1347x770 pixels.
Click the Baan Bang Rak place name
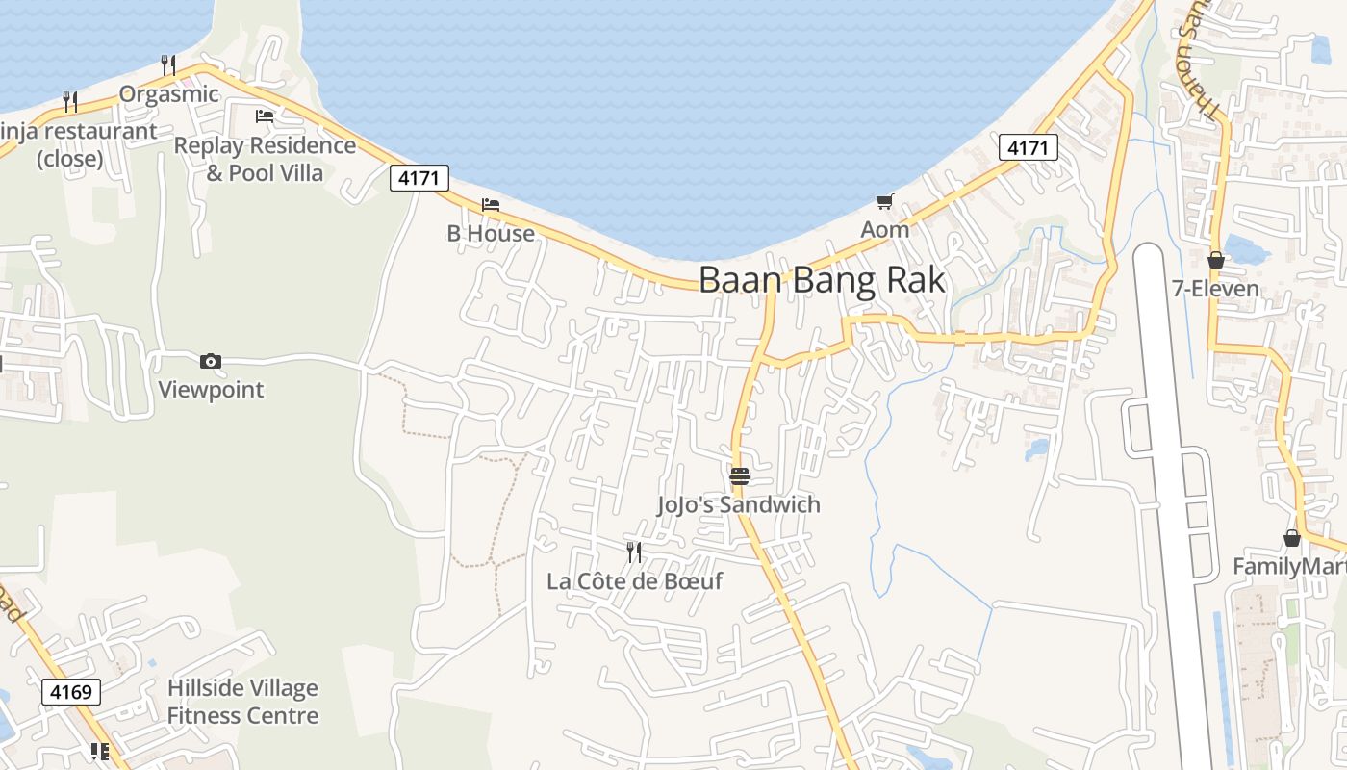tap(822, 280)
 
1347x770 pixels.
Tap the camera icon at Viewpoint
tap(211, 362)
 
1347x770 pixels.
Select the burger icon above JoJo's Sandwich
tap(739, 476)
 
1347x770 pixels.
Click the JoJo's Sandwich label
tap(739, 504)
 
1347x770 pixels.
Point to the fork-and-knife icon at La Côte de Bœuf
tap(633, 552)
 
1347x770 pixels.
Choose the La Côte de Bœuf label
tap(634, 581)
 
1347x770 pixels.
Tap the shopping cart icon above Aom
tap(884, 202)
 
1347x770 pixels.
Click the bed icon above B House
tap(491, 205)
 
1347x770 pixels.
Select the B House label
tap(491, 233)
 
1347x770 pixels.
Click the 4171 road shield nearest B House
tap(419, 178)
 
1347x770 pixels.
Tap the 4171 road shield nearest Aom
tap(1029, 147)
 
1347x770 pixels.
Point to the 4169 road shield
tap(72, 692)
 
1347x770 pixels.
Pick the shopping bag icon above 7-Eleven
tap(1216, 260)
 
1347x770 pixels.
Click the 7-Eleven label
tap(1216, 289)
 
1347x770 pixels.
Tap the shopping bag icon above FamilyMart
tap(1291, 538)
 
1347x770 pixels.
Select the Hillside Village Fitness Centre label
tap(242, 702)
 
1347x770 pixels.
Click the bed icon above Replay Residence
tap(264, 116)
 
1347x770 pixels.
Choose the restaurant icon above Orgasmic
tap(168, 64)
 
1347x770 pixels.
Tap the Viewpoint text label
tap(211, 390)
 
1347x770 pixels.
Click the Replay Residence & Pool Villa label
tap(265, 159)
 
